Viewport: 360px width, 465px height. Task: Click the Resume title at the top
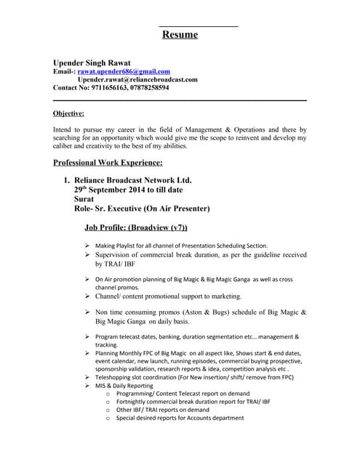(180, 34)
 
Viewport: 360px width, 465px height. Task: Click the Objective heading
(69, 113)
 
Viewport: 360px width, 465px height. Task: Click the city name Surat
(84, 198)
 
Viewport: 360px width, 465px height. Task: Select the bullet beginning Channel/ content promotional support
(168, 296)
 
